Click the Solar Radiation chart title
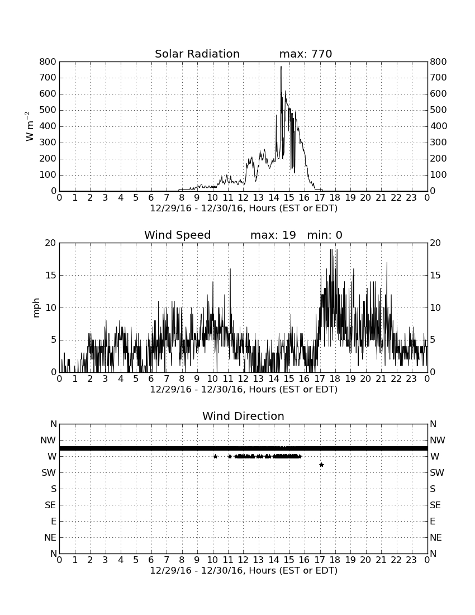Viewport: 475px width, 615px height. pyautogui.click(x=197, y=54)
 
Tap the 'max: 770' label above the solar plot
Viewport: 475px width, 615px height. pyautogui.click(x=306, y=54)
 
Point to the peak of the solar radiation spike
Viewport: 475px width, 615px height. pyautogui.click(x=281, y=67)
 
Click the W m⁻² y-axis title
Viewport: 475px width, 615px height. pyautogui.click(x=29, y=126)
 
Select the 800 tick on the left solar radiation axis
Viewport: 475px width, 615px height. pyautogui.click(x=48, y=61)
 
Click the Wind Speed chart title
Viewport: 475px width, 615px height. pyautogui.click(x=178, y=235)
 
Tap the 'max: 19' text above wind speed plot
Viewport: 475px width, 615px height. pyautogui.click(x=273, y=235)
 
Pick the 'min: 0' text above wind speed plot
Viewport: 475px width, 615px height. pyautogui.click(x=325, y=235)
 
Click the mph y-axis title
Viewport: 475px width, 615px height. pyautogui.click(x=36, y=307)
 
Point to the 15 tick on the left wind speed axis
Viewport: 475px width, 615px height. pyautogui.click(x=51, y=275)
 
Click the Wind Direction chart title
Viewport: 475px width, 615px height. pyautogui.click(x=244, y=416)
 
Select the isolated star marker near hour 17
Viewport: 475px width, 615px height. pyautogui.click(x=321, y=465)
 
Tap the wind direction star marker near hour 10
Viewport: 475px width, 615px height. pyautogui.click(x=215, y=456)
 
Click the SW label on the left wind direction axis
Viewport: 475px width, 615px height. pyautogui.click(x=49, y=472)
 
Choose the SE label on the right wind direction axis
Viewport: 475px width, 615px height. pyautogui.click(x=435, y=505)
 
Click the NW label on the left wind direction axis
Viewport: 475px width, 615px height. pyautogui.click(x=48, y=441)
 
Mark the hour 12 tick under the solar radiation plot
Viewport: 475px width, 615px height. pyautogui.click(x=243, y=197)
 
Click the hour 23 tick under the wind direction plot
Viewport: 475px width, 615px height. pyautogui.click(x=411, y=560)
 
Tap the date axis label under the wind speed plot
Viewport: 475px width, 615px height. pyautogui.click(x=244, y=390)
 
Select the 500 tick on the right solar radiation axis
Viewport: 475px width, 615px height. pyautogui.click(x=438, y=110)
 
